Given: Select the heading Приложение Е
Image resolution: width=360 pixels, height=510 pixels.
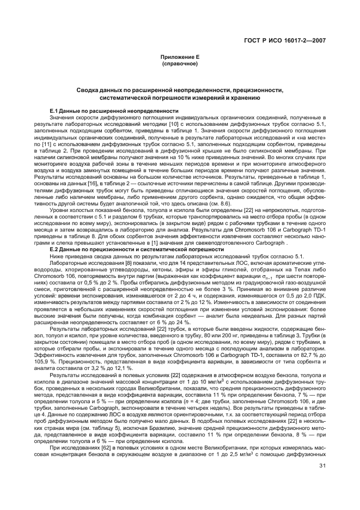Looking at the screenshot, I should click(180, 57).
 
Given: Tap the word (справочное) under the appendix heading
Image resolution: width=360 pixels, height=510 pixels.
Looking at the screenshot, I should click(180, 64).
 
